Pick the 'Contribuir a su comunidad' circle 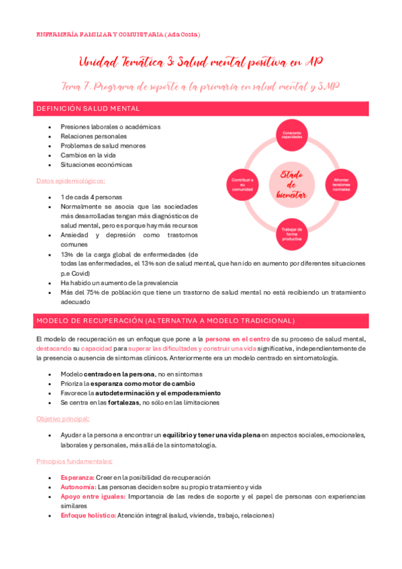(x=242, y=184)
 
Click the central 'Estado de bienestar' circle (x=292, y=184)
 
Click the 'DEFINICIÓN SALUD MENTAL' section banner (x=87, y=108)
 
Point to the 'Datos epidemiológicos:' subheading (x=70, y=181)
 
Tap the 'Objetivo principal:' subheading (x=64, y=419)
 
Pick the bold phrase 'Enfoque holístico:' (x=88, y=515)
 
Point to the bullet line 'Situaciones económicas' (x=96, y=164)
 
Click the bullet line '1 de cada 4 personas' (x=92, y=197)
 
